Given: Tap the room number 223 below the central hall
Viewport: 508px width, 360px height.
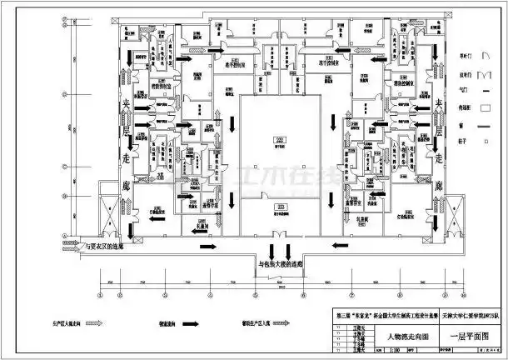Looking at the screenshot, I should pyautogui.click(x=281, y=205).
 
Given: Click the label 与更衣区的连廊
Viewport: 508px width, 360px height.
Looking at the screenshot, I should pyautogui.click(x=106, y=247).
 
